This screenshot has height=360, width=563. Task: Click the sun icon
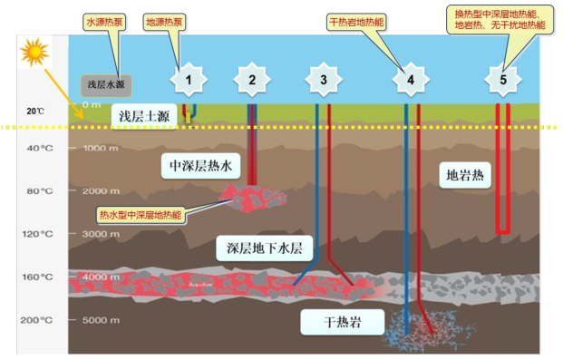34,54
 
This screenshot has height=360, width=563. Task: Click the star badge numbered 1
189,81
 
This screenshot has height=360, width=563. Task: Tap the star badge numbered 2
252,81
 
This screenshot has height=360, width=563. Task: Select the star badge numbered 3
323,81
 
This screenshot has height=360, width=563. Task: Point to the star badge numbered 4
410,81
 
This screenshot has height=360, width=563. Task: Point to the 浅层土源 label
141,116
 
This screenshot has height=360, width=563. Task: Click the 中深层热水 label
200,165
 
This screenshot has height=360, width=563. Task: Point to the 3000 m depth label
94,234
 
